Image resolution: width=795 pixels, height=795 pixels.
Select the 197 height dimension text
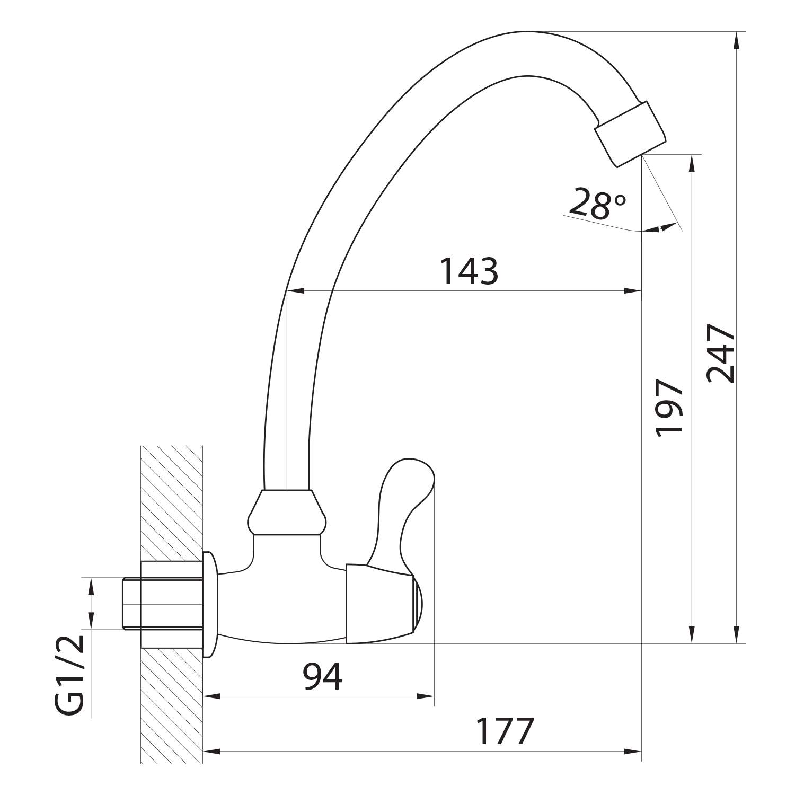[669, 408]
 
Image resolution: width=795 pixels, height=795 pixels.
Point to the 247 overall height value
[721, 354]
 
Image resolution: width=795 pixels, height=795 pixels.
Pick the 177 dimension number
[504, 731]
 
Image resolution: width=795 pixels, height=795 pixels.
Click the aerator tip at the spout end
[630, 134]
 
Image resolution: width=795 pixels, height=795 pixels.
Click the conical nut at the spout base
[287, 512]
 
